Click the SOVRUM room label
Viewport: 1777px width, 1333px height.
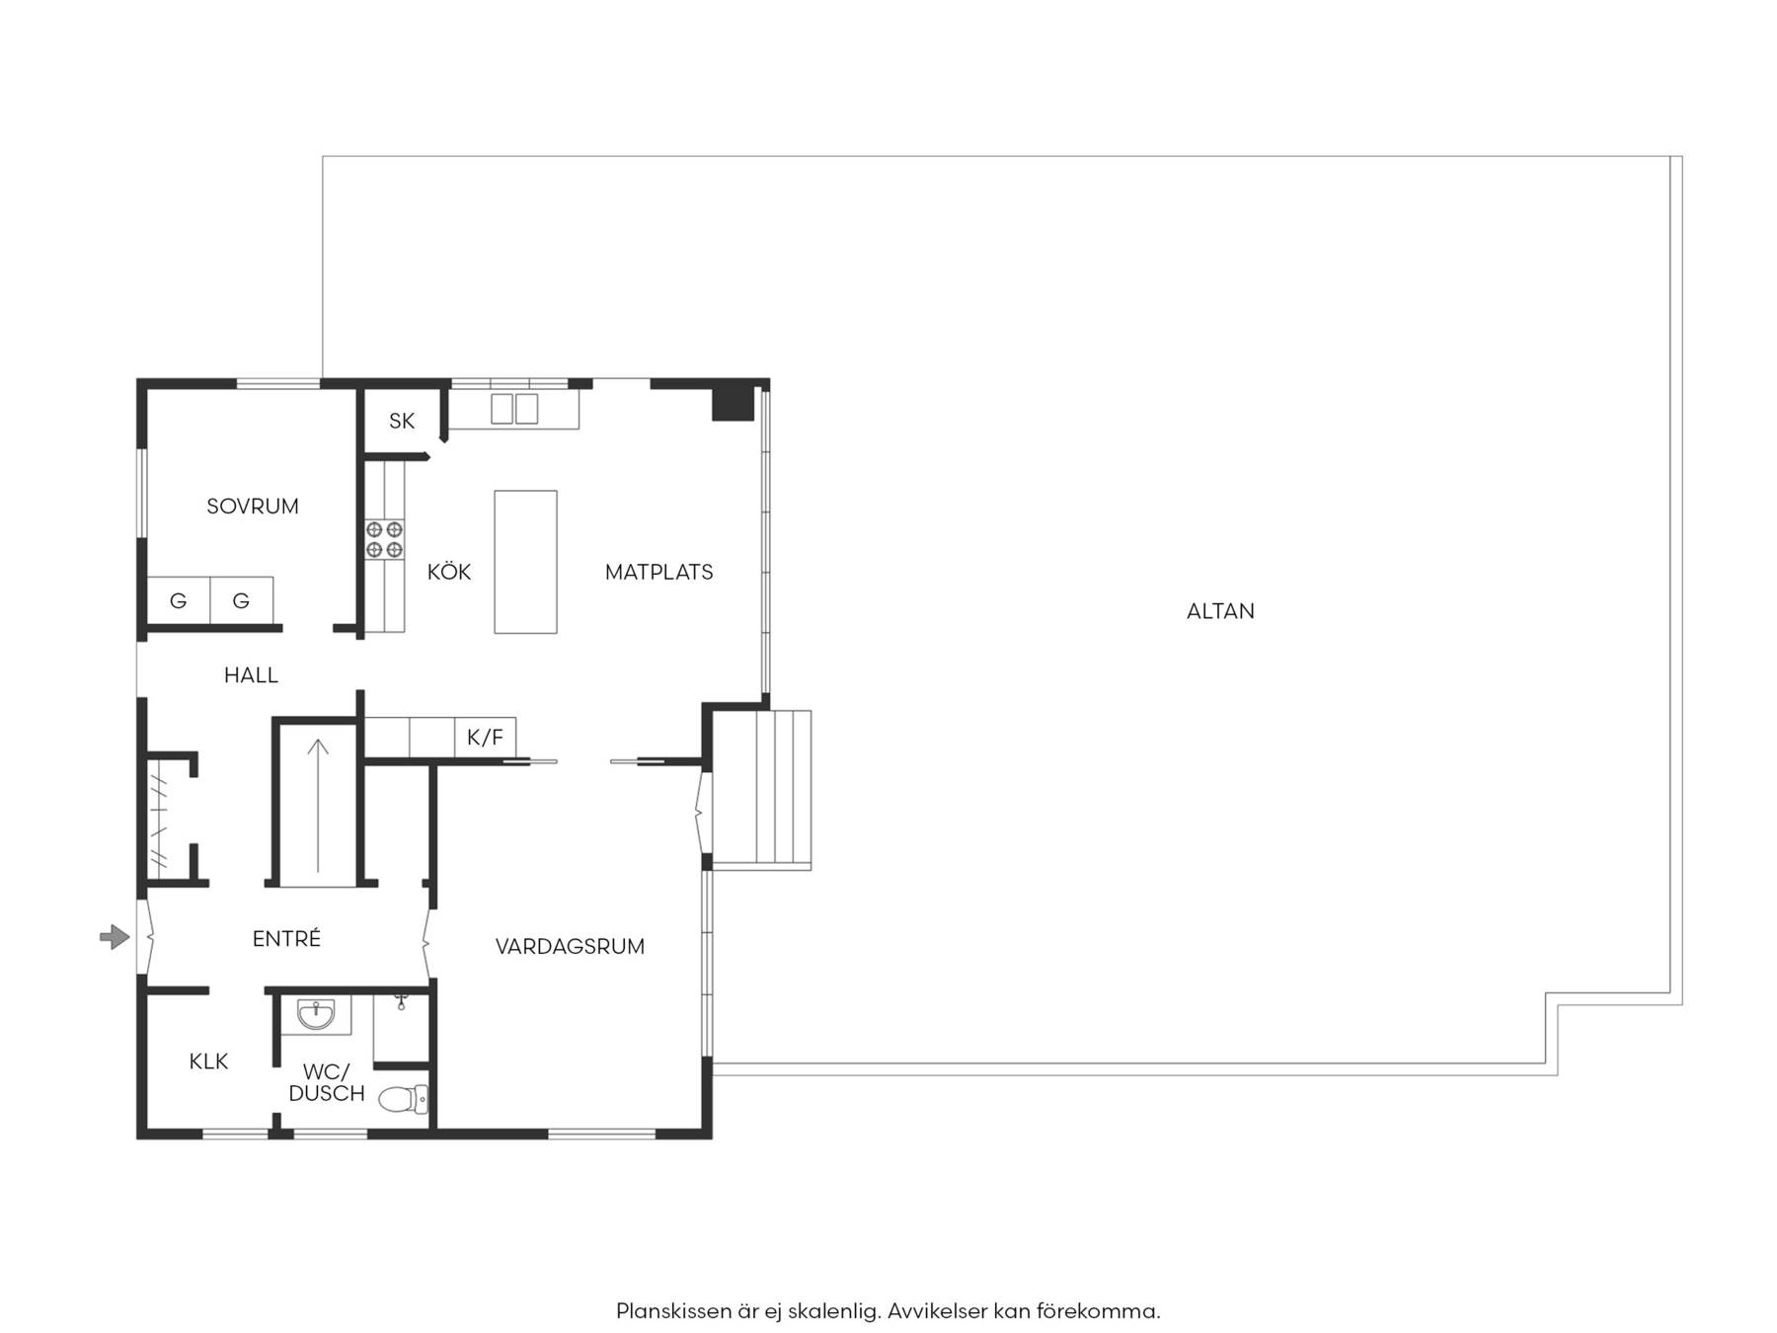(253, 507)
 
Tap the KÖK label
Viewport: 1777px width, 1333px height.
(449, 572)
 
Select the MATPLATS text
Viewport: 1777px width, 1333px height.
(658, 572)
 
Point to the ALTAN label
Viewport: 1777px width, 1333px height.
(1220, 611)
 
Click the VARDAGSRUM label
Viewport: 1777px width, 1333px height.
(570, 946)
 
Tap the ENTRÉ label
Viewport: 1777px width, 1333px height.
(286, 938)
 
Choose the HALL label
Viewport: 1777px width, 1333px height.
(251, 675)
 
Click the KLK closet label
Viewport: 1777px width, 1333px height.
(208, 1061)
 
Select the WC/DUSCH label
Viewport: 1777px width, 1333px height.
(327, 1082)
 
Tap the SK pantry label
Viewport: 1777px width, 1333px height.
(402, 422)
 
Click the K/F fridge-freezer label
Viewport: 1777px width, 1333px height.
(485, 737)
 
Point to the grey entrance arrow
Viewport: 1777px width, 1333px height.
(115, 937)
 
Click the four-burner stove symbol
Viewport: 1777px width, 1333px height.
(384, 539)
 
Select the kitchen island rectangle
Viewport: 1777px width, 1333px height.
(525, 562)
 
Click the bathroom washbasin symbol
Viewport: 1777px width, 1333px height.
(316, 1014)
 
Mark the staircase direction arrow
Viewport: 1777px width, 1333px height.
(318, 806)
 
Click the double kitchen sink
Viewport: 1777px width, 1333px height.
(514, 409)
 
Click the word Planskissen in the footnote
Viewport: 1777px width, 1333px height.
(674, 1311)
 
